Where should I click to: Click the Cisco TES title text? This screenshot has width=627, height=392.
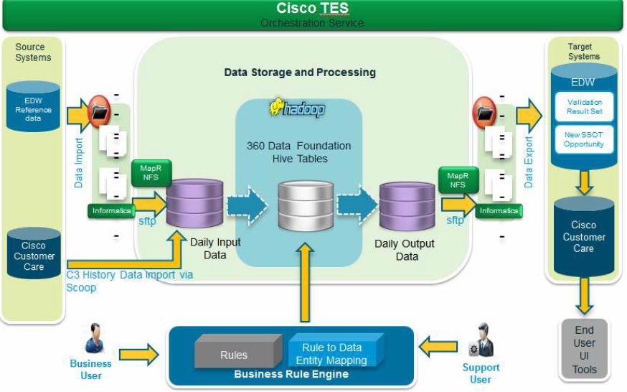pos(313,9)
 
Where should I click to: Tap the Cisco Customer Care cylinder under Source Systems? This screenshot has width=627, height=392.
pos(34,253)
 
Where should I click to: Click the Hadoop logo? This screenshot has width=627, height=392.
pos(297,108)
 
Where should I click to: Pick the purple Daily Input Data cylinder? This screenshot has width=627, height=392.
pos(195,204)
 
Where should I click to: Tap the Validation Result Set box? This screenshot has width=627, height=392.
pos(584,107)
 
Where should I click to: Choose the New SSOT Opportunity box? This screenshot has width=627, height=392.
pos(584,139)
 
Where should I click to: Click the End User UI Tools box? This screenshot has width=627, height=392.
pos(584,350)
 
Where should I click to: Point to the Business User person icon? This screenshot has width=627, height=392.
pos(94,338)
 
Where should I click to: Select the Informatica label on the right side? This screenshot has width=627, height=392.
pos(499,211)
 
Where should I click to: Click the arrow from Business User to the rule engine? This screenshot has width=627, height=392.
pos(138,353)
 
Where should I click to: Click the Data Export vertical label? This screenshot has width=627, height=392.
pos(529,162)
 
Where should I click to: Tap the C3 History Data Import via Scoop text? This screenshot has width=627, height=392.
pos(129,281)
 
